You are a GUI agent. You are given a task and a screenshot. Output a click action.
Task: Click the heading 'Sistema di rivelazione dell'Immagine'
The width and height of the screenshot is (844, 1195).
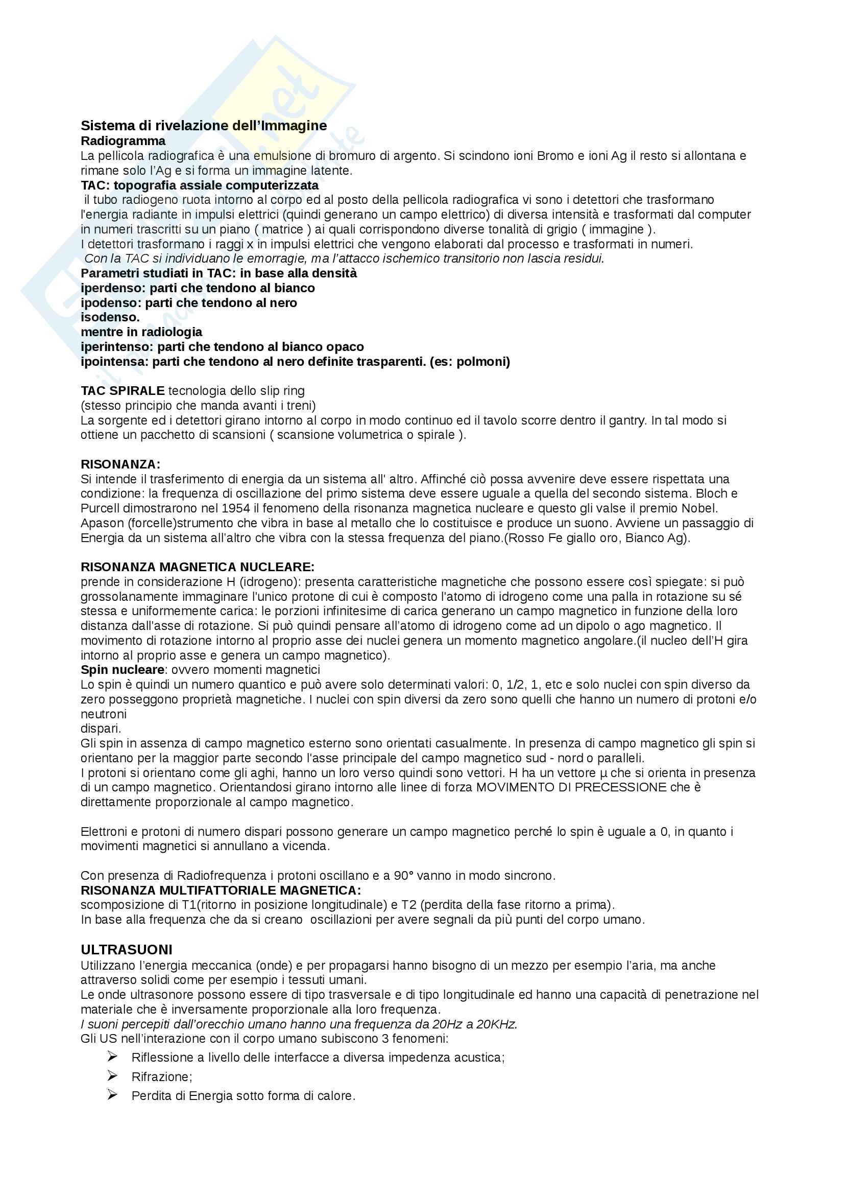[203, 126]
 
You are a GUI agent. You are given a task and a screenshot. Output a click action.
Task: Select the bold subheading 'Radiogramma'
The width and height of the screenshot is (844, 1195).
[123, 140]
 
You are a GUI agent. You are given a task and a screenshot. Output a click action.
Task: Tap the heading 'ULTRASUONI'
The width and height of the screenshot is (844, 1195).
[126, 949]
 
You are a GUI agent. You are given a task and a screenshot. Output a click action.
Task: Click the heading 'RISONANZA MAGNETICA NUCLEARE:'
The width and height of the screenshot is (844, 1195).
[197, 567]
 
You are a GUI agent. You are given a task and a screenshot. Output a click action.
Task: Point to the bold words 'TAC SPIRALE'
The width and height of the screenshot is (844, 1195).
[122, 391]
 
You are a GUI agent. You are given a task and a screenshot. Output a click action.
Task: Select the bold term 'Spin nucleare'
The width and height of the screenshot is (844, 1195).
[122, 669]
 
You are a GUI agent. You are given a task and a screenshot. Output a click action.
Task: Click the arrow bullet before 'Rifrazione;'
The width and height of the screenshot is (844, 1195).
[112, 1075]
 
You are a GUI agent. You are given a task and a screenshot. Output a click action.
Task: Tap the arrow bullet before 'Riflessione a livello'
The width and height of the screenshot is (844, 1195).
[112, 1056]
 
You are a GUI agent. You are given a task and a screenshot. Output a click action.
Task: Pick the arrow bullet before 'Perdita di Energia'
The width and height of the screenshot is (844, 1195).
[112, 1094]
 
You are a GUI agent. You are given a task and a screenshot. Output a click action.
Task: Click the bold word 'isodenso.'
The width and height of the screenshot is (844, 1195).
[110, 317]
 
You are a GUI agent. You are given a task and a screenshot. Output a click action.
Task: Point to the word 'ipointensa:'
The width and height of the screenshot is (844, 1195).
[114, 361]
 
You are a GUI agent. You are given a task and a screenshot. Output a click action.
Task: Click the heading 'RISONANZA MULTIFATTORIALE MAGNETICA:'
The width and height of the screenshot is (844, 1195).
[221, 890]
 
